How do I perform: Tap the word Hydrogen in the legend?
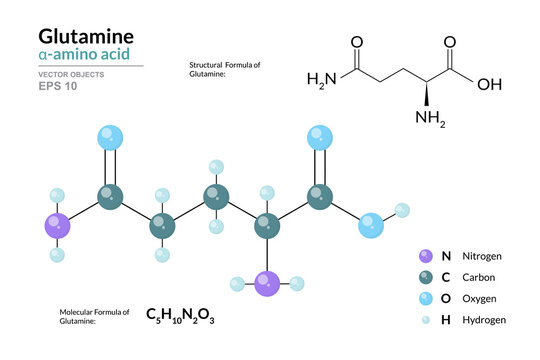coord(484,319)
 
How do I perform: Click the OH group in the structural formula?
coord(489,84)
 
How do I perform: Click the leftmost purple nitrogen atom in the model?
coord(58,227)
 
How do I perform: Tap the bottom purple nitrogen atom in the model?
coord(267,283)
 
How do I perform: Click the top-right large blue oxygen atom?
coord(320,137)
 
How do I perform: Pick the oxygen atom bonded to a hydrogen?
coord(372,226)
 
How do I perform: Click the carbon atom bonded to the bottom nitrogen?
coord(267,227)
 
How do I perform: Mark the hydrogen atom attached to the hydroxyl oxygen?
coord(402,210)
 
